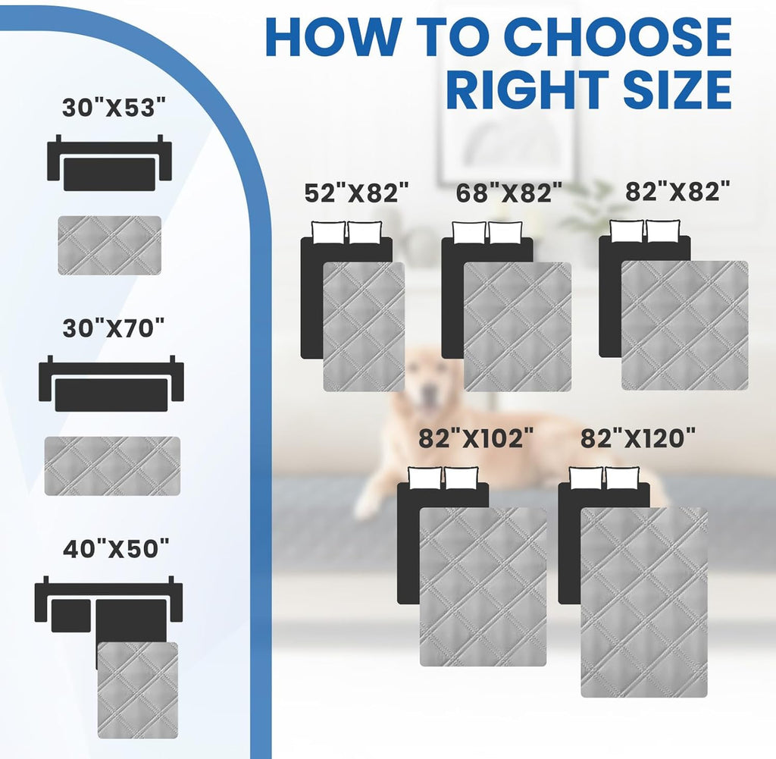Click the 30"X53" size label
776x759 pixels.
click(x=114, y=107)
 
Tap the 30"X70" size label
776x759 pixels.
click(x=114, y=328)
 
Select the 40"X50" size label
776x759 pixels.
click(x=116, y=548)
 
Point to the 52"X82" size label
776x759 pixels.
click(x=357, y=192)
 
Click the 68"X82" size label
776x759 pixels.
click(x=509, y=192)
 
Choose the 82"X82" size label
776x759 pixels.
click(x=678, y=191)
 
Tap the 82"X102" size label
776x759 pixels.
click(x=476, y=438)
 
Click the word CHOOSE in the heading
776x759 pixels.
click(x=619, y=37)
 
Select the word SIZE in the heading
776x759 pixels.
click(x=677, y=89)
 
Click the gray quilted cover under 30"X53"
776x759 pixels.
click(x=109, y=246)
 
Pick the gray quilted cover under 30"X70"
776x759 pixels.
click(x=112, y=466)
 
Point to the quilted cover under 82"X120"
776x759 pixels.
click(x=644, y=602)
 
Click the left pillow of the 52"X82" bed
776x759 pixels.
click(x=328, y=233)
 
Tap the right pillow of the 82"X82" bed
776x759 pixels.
click(x=664, y=231)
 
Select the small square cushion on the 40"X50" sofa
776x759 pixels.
click(x=70, y=616)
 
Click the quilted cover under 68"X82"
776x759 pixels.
click(x=517, y=327)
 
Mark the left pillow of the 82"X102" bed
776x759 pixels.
click(x=425, y=478)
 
